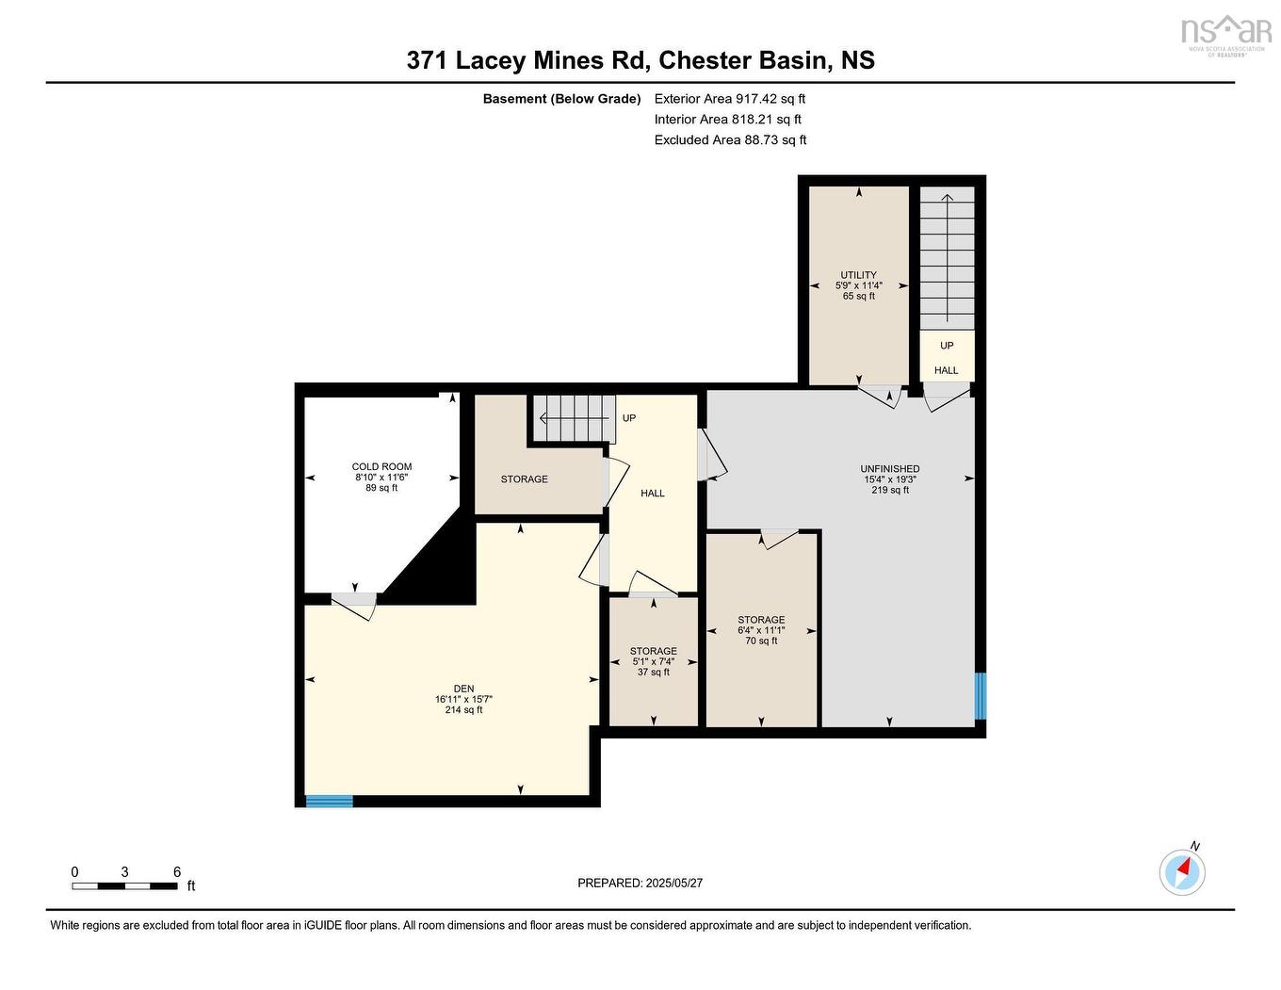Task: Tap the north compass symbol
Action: pyautogui.click(x=1182, y=872)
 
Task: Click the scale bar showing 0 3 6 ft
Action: pyautogui.click(x=125, y=884)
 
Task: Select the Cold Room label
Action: pyautogui.click(x=381, y=477)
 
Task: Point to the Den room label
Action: pyautogui.click(x=463, y=699)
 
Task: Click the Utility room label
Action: pyautogui.click(x=858, y=285)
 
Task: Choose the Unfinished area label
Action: pyautogui.click(x=889, y=479)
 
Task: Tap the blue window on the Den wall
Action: pyautogui.click(x=330, y=802)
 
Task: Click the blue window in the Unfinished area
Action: pyautogui.click(x=980, y=696)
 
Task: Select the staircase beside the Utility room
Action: pyautogui.click(x=947, y=257)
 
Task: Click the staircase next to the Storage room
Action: pyautogui.click(x=575, y=418)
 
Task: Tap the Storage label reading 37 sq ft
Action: pyautogui.click(x=653, y=661)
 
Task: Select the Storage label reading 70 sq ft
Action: pyautogui.click(x=761, y=630)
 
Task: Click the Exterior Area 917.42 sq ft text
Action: pyautogui.click(x=730, y=98)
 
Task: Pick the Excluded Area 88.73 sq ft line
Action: pyautogui.click(x=730, y=139)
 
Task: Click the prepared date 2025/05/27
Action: pyautogui.click(x=640, y=883)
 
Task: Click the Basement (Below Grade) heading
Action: pyautogui.click(x=561, y=98)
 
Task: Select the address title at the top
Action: pyautogui.click(x=640, y=60)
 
